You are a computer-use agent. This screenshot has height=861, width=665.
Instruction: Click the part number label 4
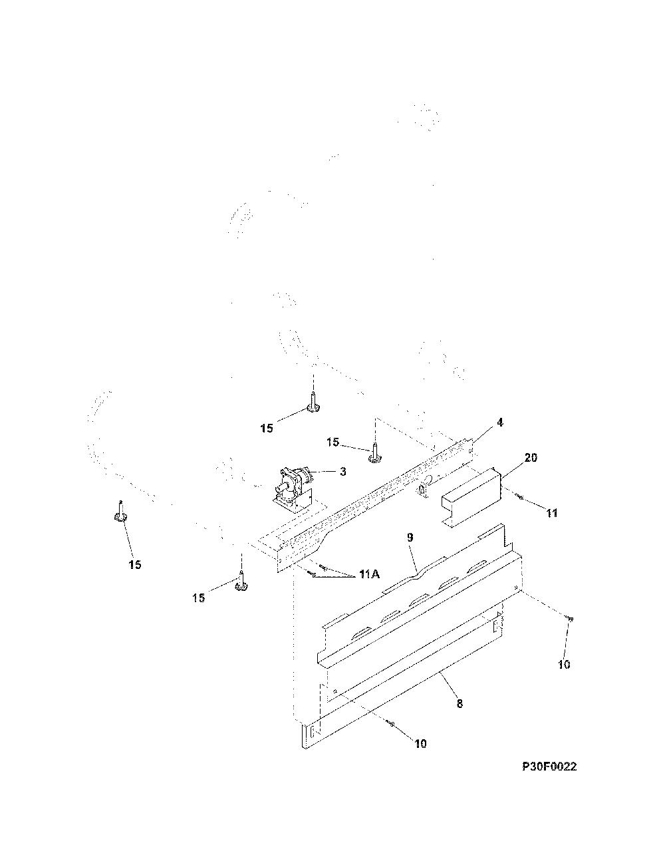click(x=500, y=423)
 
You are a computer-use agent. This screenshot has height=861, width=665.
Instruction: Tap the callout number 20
click(x=531, y=458)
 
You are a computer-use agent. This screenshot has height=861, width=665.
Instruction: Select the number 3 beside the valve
click(x=342, y=472)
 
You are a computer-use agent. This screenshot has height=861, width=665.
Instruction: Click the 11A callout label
click(x=369, y=574)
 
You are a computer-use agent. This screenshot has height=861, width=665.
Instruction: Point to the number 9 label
click(x=410, y=538)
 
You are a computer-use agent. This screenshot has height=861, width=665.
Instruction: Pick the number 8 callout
click(x=460, y=704)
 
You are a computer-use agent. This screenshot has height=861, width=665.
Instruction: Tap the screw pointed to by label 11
click(x=519, y=496)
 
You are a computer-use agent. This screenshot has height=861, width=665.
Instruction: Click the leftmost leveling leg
click(x=120, y=512)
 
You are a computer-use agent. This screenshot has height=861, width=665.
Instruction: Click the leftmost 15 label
click(x=135, y=564)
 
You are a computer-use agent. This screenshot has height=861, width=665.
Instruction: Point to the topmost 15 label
click(x=267, y=428)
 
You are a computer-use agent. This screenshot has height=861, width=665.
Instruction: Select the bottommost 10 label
click(x=421, y=744)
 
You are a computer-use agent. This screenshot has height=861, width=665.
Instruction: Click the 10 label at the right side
click(x=564, y=665)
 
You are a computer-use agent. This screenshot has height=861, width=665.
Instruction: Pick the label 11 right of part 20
click(x=552, y=513)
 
